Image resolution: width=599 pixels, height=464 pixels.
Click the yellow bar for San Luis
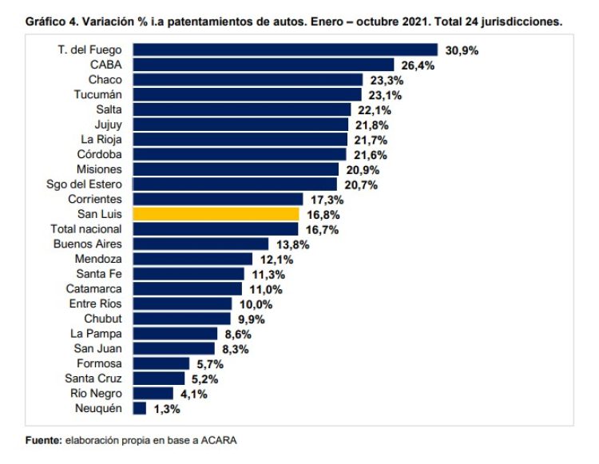(216, 214)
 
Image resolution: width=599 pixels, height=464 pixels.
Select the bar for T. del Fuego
(285, 50)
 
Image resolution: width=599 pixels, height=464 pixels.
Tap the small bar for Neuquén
(140, 408)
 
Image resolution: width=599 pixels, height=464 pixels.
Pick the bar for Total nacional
(215, 229)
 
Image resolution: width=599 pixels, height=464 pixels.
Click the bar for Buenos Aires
(200, 244)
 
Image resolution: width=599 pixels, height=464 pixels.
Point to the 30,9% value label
(462, 50)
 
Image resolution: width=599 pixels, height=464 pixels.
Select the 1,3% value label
(165, 409)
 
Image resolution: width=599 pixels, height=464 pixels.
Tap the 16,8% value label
(321, 215)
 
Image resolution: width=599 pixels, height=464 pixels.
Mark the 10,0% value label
(254, 304)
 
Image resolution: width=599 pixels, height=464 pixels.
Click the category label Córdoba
(101, 154)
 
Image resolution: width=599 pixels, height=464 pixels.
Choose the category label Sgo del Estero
(85, 184)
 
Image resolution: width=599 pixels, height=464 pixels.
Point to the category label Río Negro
(96, 393)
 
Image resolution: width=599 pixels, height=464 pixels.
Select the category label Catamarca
(94, 289)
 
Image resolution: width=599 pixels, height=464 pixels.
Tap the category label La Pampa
(97, 334)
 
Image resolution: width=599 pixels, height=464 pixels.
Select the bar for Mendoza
(192, 259)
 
